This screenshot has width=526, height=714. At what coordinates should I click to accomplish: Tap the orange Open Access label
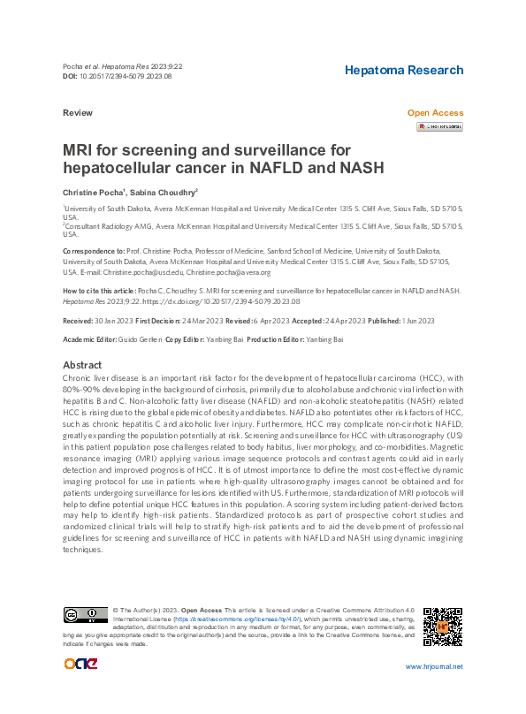coord(434,113)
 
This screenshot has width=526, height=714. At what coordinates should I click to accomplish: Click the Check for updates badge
coord(439,127)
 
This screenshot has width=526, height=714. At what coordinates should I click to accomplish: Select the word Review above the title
coord(78,114)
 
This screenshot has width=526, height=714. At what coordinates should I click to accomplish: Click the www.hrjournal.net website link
coord(433,667)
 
